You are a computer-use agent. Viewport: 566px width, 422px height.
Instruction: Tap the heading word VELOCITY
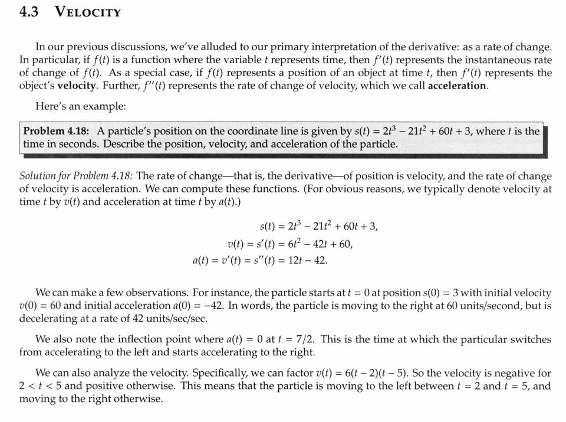pyautogui.click(x=88, y=12)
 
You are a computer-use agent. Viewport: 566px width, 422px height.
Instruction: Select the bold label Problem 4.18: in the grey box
pyautogui.click(x=57, y=131)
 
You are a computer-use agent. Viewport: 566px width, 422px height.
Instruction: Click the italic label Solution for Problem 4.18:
pyautogui.click(x=76, y=176)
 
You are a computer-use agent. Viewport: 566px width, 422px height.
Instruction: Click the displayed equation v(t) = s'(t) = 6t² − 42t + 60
pyautogui.click(x=290, y=243)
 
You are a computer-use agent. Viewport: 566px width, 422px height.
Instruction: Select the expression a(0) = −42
pyautogui.click(x=192, y=306)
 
